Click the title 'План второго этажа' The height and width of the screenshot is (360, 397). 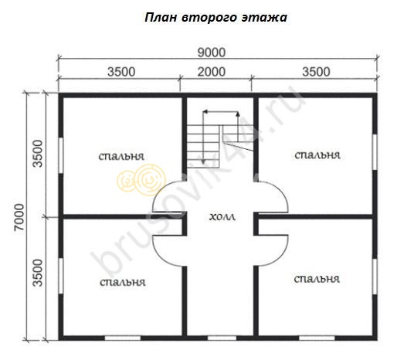point(215,18)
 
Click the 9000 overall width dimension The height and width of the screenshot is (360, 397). point(212,53)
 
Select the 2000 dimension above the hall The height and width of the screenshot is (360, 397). point(212,72)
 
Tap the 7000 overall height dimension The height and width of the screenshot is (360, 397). point(19,217)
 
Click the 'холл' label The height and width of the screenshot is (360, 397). point(222,217)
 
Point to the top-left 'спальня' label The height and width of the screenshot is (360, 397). point(121,157)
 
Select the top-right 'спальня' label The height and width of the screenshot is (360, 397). point(317,155)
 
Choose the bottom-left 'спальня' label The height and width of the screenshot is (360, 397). point(123,283)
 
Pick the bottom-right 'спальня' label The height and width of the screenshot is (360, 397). point(317,279)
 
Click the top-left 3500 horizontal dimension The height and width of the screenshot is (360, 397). point(121,72)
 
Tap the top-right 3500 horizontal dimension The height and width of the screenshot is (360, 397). point(316,72)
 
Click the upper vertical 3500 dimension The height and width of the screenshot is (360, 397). point(38,154)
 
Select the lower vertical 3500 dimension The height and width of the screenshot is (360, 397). point(38,273)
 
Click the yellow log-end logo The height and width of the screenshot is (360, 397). point(141,180)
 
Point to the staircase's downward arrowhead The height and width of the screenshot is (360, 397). point(203,161)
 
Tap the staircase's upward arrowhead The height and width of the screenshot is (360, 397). point(238,114)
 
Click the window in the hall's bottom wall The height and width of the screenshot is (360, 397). point(222,338)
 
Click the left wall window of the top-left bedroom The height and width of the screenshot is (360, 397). point(61,155)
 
